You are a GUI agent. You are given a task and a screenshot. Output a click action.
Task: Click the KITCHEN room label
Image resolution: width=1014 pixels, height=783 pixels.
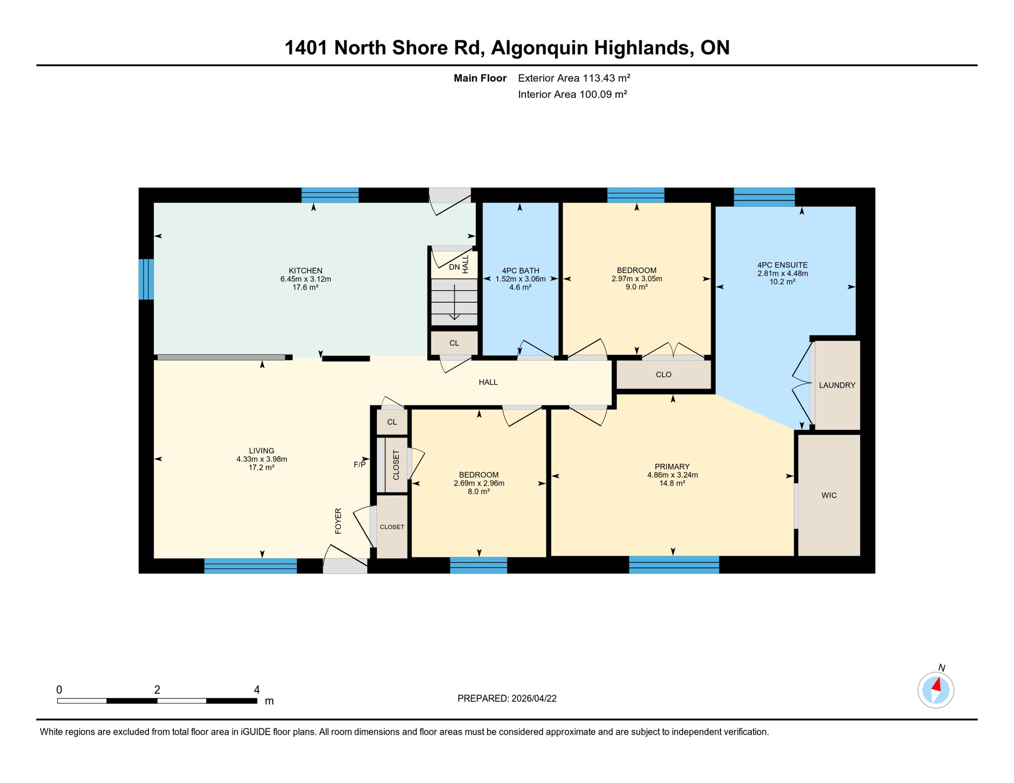pyautogui.click(x=305, y=270)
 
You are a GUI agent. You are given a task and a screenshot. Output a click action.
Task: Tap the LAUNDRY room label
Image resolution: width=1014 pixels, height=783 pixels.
pyautogui.click(x=836, y=385)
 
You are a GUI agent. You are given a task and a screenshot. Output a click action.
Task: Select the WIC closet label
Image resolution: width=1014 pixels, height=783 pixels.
pyautogui.click(x=828, y=495)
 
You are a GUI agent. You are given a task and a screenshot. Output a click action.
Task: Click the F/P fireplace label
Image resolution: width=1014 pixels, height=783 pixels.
pyautogui.click(x=360, y=464)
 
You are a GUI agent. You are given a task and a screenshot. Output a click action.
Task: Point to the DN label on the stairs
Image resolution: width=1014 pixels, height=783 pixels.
pyautogui.click(x=454, y=267)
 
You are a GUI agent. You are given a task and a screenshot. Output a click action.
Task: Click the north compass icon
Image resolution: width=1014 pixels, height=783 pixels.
pyautogui.click(x=935, y=690)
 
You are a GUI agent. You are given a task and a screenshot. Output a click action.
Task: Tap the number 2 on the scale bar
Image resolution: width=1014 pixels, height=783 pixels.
pyautogui.click(x=157, y=690)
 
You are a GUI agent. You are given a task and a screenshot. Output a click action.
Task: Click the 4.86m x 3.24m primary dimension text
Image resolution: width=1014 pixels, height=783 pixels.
pyautogui.click(x=672, y=475)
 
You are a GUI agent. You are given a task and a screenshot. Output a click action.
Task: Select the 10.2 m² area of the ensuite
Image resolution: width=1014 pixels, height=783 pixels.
pyautogui.click(x=782, y=281)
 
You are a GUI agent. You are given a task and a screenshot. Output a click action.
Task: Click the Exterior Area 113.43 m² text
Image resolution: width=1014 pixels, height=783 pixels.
pyautogui.click(x=574, y=78)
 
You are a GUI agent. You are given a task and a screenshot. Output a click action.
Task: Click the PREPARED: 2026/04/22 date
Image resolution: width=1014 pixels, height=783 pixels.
pyautogui.click(x=506, y=698)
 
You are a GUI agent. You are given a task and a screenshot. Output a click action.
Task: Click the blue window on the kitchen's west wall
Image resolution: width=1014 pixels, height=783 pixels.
pyautogui.click(x=146, y=279)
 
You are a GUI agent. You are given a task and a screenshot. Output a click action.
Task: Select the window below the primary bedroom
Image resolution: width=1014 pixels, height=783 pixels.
pyautogui.click(x=673, y=565)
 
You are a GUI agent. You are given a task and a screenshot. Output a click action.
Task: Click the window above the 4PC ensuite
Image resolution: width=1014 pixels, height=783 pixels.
pyautogui.click(x=764, y=197)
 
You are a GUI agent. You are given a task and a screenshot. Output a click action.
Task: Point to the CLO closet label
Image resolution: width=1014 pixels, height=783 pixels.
pyautogui.click(x=663, y=374)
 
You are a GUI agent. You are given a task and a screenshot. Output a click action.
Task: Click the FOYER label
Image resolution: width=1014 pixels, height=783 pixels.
pyautogui.click(x=338, y=520)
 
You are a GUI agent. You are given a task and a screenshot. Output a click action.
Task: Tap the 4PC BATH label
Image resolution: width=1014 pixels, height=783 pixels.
pyautogui.click(x=520, y=270)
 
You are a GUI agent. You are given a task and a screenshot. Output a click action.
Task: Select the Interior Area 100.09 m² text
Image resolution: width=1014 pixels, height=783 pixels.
pyautogui.click(x=572, y=94)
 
